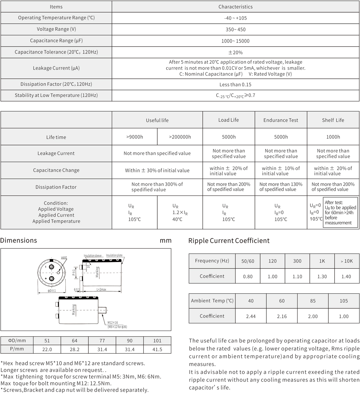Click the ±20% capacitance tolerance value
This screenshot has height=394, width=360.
pyautogui.click(x=235, y=52)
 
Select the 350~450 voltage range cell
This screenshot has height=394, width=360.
pyautogui.click(x=235, y=29)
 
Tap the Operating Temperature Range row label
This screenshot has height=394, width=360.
pyautogui.click(x=56, y=18)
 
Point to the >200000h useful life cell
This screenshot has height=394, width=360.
pyautogui.click(x=180, y=137)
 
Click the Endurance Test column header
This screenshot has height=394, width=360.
pyautogui.click(x=281, y=120)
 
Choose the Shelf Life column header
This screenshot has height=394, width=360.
pyautogui.click(x=333, y=120)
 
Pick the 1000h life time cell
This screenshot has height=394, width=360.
pyautogui.click(x=333, y=137)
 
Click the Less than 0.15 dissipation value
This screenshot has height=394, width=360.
pyautogui.click(x=235, y=85)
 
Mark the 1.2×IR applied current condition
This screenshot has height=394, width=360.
pyautogui.click(x=180, y=213)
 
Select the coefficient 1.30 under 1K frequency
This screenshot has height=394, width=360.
pyautogui.click(x=322, y=276)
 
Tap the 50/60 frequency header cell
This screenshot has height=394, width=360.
pyautogui.click(x=248, y=261)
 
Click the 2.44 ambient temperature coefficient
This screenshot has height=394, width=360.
pyautogui.click(x=251, y=316)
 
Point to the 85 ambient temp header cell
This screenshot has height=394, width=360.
pyautogui.click(x=313, y=301)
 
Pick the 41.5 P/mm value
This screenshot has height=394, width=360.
pyautogui.click(x=157, y=349)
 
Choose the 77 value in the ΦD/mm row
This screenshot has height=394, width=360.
pyautogui.click(x=102, y=341)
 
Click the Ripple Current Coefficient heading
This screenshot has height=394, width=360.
pyautogui.click(x=229, y=241)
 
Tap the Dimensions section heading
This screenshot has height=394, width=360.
pyautogui.click(x=19, y=240)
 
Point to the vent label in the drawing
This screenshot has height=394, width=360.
pyautogui.click(x=64, y=258)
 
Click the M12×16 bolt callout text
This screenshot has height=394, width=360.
pyautogui.click(x=113, y=323)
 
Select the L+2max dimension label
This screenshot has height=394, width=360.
pyautogui.click(x=101, y=290)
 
